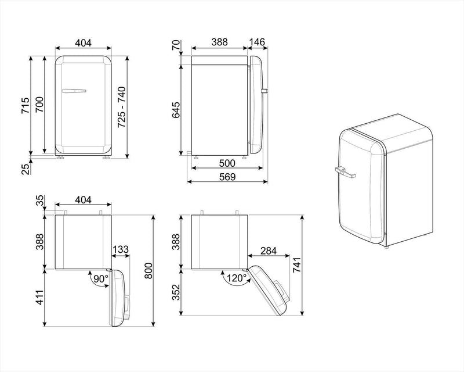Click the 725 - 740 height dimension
pyautogui.click(x=122, y=108)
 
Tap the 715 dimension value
pyautogui.click(x=25, y=105)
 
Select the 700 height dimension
pyautogui.click(x=39, y=105)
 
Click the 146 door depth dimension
pyautogui.click(x=257, y=42)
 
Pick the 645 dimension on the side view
pyautogui.click(x=176, y=110)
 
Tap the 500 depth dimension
pyautogui.click(x=227, y=163)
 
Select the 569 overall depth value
pyautogui.click(x=227, y=177)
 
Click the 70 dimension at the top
pyautogui.click(x=176, y=45)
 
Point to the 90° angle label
pyautogui.click(x=101, y=278)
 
